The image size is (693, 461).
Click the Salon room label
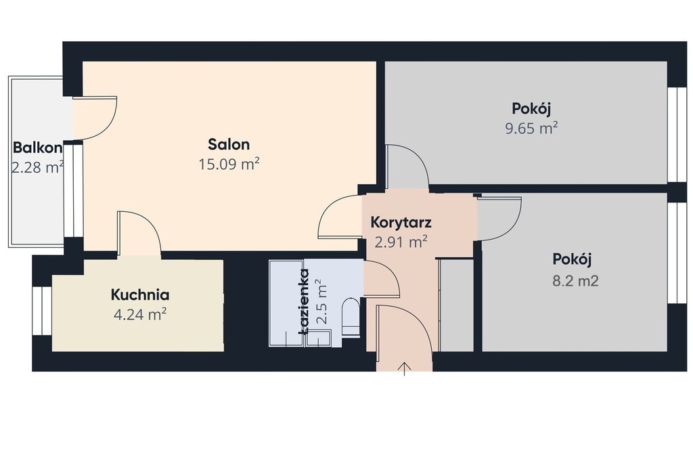tap(229, 144)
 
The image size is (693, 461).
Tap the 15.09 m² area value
tap(229, 164)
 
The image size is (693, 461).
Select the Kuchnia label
tap(139, 294)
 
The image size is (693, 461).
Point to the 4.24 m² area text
tap(139, 314)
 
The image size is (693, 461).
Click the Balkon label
tap(38, 147)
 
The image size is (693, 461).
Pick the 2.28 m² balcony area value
tap(38, 167)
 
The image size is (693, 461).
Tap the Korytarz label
tap(401, 222)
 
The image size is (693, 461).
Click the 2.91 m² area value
tap(401, 242)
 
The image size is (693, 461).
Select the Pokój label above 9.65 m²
tap(531, 108)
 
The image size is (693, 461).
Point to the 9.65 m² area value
tap(531, 128)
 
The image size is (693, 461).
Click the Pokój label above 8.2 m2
tap(572, 259)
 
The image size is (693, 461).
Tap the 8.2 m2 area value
tap(575, 280)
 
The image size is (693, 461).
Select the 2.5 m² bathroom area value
tap(323, 303)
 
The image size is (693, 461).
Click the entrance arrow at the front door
tap(405, 368)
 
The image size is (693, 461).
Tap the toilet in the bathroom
tap(352, 317)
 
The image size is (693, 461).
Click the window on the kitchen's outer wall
tap(43, 311)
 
